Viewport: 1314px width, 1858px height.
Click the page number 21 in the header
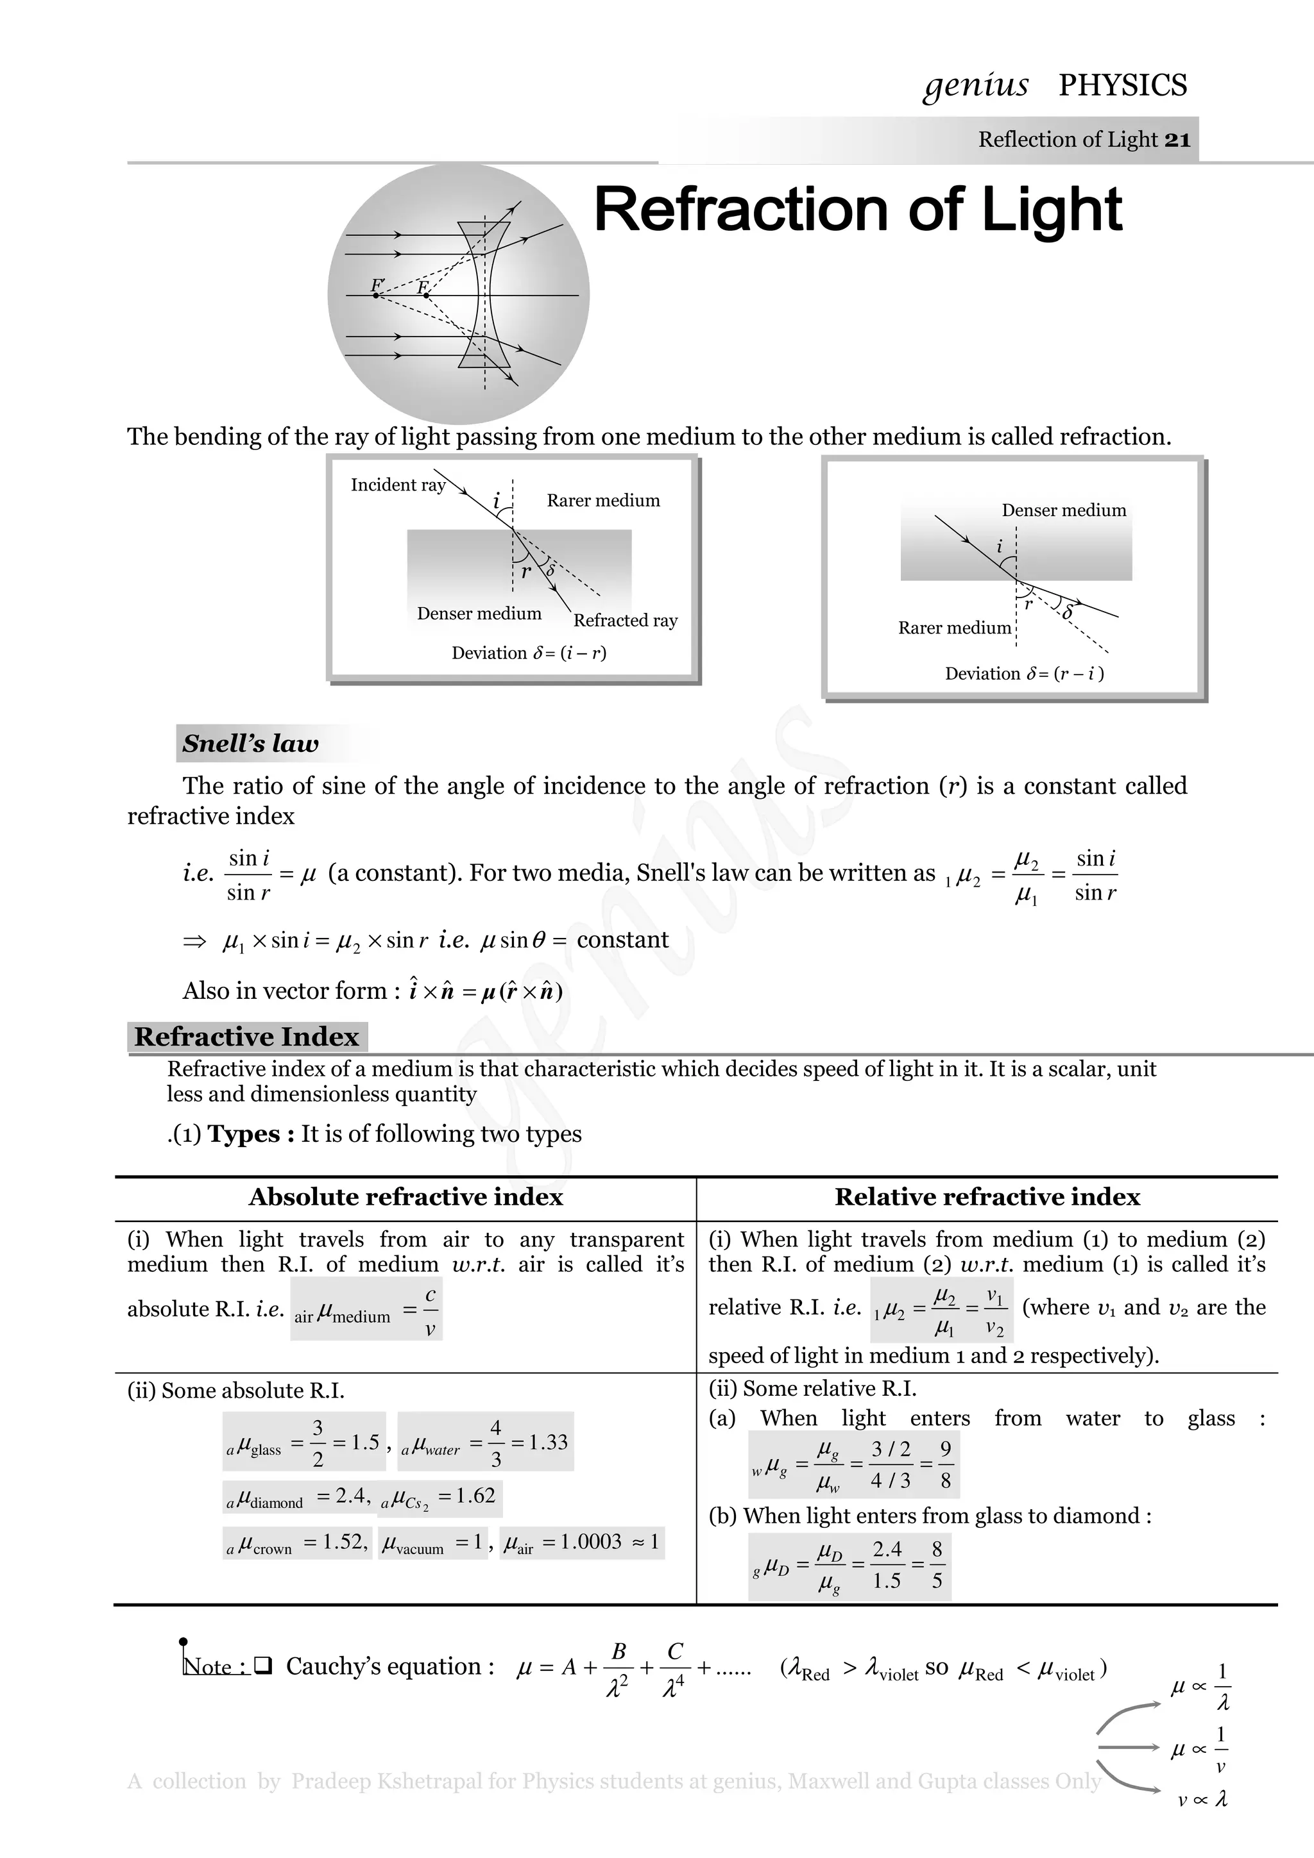point(1177,140)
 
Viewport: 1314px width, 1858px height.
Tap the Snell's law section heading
point(250,743)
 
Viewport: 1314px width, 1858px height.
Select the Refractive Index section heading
point(246,1037)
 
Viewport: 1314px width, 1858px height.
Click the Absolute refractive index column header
point(405,1197)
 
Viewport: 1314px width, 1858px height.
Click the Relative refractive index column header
point(987,1197)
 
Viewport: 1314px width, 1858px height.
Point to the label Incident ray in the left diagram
point(398,485)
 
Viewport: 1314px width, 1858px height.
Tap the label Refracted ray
point(625,621)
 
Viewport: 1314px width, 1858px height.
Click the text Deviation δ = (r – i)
point(1024,673)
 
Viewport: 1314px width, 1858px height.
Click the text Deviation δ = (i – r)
point(529,653)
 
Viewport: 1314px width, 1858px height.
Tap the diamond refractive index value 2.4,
point(353,1496)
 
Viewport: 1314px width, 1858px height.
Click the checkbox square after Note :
point(262,1666)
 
